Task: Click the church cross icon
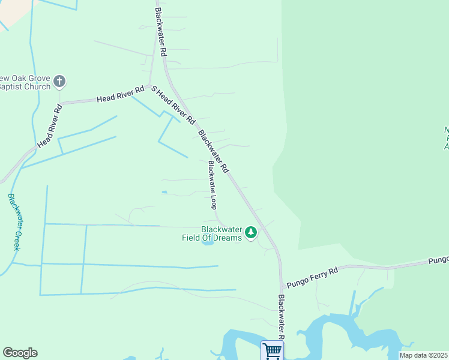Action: click(59, 80)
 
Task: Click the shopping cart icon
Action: click(272, 350)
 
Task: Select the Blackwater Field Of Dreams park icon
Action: click(251, 232)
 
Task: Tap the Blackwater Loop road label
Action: click(212, 184)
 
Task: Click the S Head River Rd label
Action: click(173, 105)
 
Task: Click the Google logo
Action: click(20, 353)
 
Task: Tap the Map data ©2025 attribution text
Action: click(423, 355)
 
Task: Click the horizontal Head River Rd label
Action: click(121, 95)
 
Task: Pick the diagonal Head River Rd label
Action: click(50, 127)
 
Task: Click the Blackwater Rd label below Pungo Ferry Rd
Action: click(282, 317)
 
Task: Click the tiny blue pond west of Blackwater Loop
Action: click(164, 192)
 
